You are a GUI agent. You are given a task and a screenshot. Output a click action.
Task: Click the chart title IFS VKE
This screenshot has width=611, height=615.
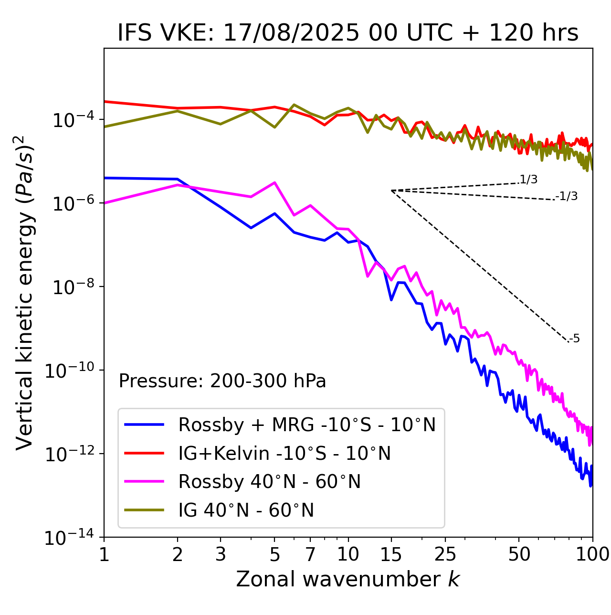point(348,33)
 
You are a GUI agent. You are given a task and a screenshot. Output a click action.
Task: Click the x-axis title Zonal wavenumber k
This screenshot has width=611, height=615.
point(348,579)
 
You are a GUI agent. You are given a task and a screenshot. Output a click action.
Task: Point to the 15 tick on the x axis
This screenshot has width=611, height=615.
point(391,554)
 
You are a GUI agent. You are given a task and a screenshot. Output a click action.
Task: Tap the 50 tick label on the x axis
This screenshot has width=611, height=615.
point(519,554)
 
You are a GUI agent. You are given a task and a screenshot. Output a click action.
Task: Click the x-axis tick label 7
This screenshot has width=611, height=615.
point(310,554)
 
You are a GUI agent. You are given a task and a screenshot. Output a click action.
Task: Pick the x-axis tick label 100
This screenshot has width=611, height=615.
point(592,554)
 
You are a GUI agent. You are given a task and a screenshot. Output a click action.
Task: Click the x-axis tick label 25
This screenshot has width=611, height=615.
point(445,554)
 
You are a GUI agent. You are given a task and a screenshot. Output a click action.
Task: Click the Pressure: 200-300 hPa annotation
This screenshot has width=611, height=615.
point(222,381)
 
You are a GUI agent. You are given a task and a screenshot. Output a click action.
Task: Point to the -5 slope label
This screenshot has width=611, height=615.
point(575,339)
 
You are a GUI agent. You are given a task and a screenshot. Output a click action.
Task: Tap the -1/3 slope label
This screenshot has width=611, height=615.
point(567,196)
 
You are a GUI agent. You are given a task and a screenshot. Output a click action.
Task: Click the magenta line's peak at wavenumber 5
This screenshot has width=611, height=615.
point(274,182)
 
